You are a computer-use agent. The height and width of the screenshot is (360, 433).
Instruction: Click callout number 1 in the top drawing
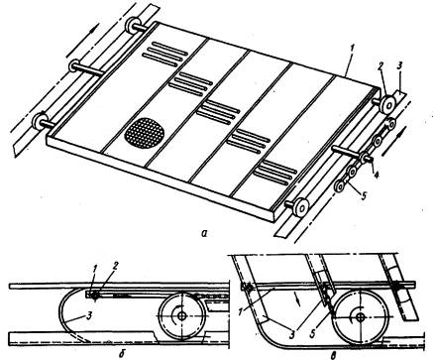[353, 49]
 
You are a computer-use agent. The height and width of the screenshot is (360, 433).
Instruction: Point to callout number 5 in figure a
[364, 195]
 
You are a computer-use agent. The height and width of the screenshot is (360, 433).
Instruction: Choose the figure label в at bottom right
[335, 355]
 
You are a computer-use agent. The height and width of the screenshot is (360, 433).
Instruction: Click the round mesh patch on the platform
[145, 134]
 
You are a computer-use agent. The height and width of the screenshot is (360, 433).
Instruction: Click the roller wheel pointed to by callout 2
[388, 105]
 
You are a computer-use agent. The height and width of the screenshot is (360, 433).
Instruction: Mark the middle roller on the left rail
[74, 65]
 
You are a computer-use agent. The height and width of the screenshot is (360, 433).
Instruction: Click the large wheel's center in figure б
[181, 316]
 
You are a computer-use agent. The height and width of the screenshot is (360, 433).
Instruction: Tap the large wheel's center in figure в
[360, 317]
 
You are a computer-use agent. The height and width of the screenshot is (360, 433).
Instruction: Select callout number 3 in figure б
[88, 316]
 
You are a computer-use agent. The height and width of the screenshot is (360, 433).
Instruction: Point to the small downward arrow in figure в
[298, 300]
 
